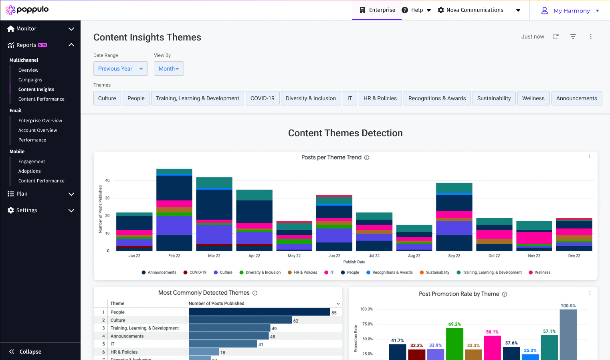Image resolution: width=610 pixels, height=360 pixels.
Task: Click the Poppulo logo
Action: tap(27, 10)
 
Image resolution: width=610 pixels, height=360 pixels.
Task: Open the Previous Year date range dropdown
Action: tap(120, 69)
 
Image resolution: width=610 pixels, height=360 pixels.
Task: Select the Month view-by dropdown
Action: tap(169, 69)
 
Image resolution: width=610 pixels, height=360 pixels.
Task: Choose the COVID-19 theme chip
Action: tap(263, 98)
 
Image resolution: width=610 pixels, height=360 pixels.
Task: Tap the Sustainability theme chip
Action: tap(494, 98)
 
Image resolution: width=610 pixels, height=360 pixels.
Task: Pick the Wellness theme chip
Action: tap(533, 98)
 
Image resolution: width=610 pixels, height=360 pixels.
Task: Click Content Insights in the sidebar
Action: tap(36, 89)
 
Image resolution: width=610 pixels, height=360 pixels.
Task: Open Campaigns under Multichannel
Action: tap(30, 80)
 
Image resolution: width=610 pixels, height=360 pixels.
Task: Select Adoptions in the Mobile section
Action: tap(30, 171)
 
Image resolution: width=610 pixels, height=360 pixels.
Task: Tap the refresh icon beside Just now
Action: tap(555, 36)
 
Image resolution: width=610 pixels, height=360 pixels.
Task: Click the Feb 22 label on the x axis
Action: tap(174, 256)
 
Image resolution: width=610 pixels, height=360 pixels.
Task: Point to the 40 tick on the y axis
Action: tap(107, 180)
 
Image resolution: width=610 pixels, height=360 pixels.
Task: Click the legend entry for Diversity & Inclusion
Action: tap(260, 273)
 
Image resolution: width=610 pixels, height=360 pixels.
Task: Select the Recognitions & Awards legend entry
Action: tap(389, 273)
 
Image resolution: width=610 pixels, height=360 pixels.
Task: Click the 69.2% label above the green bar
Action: tap(454, 324)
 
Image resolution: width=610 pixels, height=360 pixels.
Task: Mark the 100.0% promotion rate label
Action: tap(568, 305)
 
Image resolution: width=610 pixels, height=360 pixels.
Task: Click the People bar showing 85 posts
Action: tap(259, 312)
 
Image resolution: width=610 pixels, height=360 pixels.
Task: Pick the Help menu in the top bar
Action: tap(416, 10)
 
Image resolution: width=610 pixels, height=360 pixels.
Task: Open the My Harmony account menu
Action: tap(571, 11)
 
